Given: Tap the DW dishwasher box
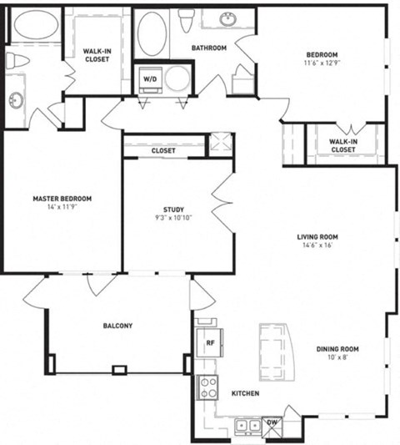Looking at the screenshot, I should pos(271,423).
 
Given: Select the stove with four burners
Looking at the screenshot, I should pos(207,387).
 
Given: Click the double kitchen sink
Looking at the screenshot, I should pos(246,425).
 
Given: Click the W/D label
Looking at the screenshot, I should pos(150,79).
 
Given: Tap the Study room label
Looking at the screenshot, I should pos(173,210).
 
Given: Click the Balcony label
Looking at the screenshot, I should pos(117,326).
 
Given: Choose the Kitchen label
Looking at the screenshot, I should pos(244,393).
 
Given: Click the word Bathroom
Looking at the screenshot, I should pos(208,48).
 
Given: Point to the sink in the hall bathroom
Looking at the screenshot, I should pos(227,18).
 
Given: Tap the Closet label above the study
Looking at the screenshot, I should pos(163,150).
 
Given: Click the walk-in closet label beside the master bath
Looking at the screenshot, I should pos(97,55).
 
